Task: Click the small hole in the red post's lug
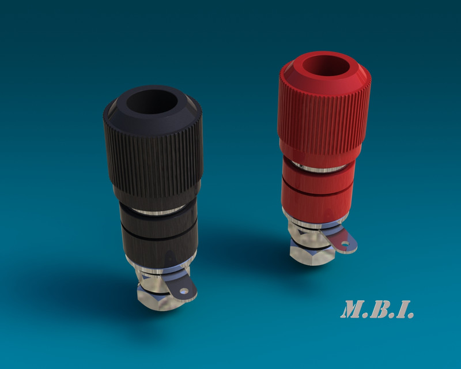pyautogui.click(x=346, y=244)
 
